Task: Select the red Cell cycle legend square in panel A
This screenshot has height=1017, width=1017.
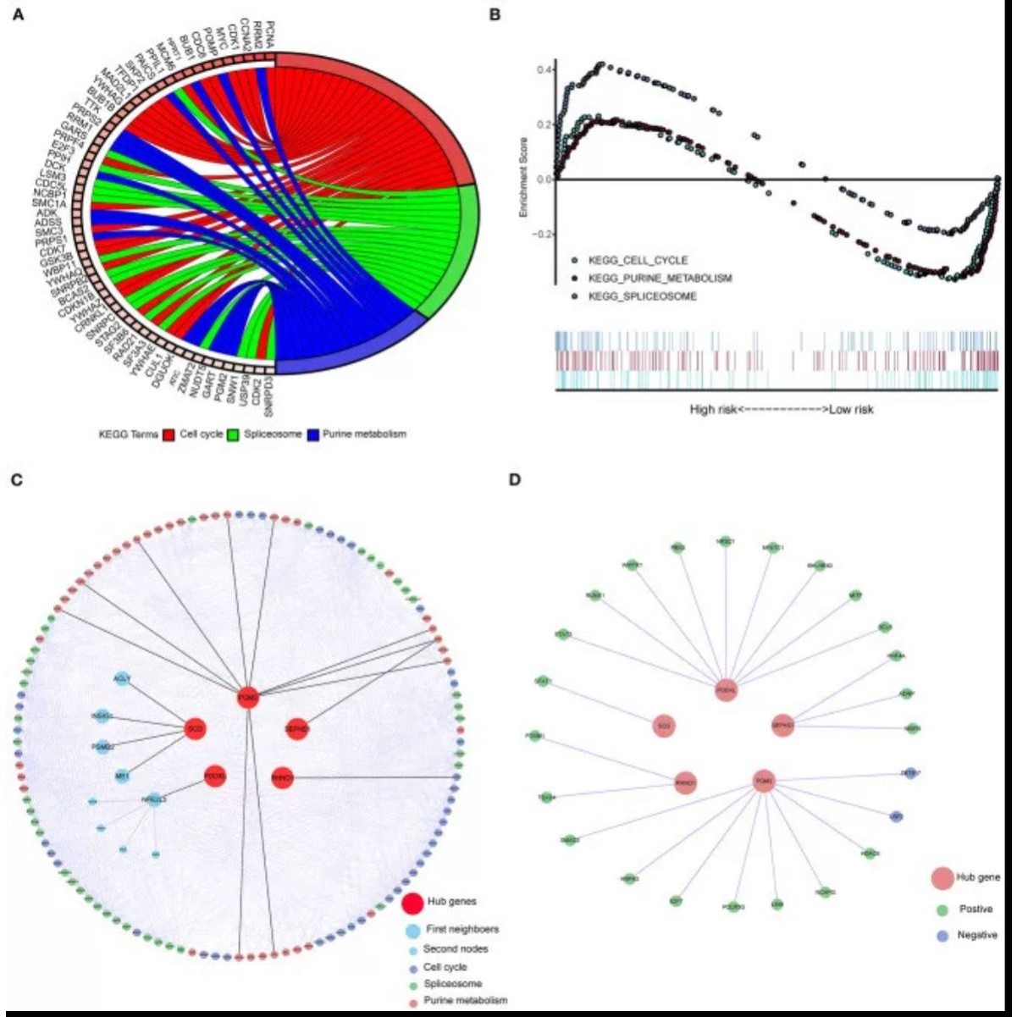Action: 169,434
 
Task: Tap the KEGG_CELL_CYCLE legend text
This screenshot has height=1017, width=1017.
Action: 638,260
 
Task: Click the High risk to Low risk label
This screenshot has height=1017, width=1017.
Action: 781,410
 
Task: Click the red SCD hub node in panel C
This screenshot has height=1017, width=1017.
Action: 196,728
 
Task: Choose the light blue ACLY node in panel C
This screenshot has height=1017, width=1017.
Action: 122,679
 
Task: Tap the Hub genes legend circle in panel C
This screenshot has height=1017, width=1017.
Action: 413,904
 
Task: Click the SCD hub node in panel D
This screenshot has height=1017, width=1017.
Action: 665,726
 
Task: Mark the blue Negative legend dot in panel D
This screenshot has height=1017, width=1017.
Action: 940,936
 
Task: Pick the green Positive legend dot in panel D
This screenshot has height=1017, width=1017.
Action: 940,909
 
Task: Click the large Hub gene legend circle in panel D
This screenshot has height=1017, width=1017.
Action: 940,878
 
